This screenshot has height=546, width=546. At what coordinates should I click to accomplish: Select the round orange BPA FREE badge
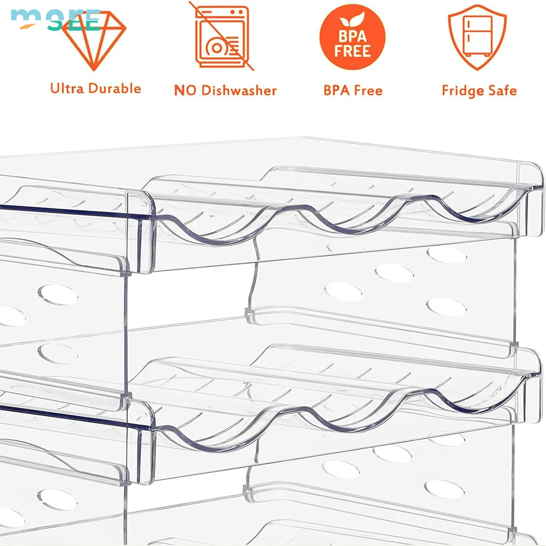(x=352, y=37)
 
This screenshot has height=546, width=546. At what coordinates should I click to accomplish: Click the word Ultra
(x=68, y=88)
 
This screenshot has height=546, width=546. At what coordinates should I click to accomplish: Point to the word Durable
(x=115, y=88)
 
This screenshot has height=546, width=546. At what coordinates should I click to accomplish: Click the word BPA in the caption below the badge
(x=336, y=90)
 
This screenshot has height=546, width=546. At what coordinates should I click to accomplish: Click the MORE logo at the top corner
(x=55, y=19)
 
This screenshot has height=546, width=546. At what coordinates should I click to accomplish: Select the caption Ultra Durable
(x=96, y=88)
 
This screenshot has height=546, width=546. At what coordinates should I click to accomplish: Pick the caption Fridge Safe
(x=479, y=91)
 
